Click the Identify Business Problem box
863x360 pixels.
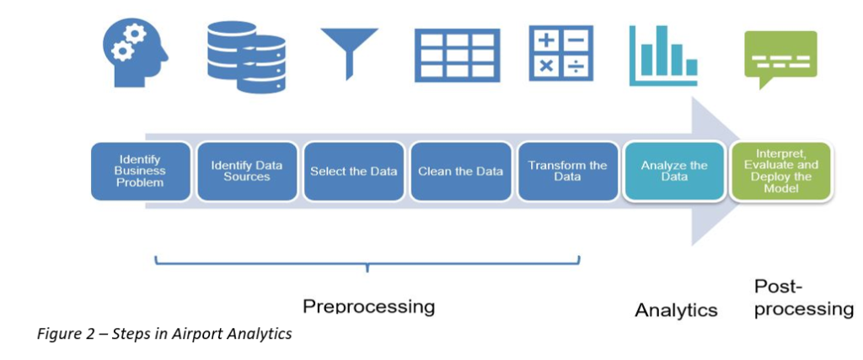coord(142,171)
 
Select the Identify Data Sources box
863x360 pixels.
coord(248,171)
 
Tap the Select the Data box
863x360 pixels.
coord(354,171)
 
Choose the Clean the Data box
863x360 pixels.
coord(461,171)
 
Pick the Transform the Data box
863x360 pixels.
coord(567,171)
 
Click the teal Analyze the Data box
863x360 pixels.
coord(674,171)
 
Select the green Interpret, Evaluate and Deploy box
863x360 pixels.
coord(780,171)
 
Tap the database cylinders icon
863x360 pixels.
coord(246,56)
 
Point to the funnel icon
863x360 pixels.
coord(350,54)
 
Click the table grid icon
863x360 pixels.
coord(458,54)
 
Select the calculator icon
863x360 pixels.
coord(560,53)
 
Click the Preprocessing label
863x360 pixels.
coord(369,306)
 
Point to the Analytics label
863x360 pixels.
coord(677,310)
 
